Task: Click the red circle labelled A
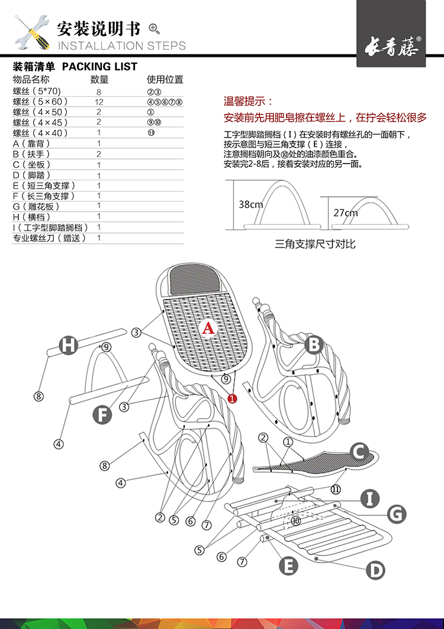tap(208, 328)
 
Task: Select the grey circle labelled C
tap(358, 452)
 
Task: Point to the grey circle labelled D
tap(375, 570)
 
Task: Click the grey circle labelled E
tap(288, 566)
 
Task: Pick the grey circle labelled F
tap(102, 414)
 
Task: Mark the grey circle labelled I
tap(370, 498)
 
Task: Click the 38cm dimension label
tap(250, 205)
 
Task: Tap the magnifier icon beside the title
tap(155, 28)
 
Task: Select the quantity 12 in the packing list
tap(99, 101)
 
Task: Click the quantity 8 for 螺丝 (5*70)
tap(99, 91)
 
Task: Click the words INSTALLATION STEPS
tap(121, 46)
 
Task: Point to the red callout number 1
tap(232, 399)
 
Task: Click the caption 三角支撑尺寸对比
tap(315, 244)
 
